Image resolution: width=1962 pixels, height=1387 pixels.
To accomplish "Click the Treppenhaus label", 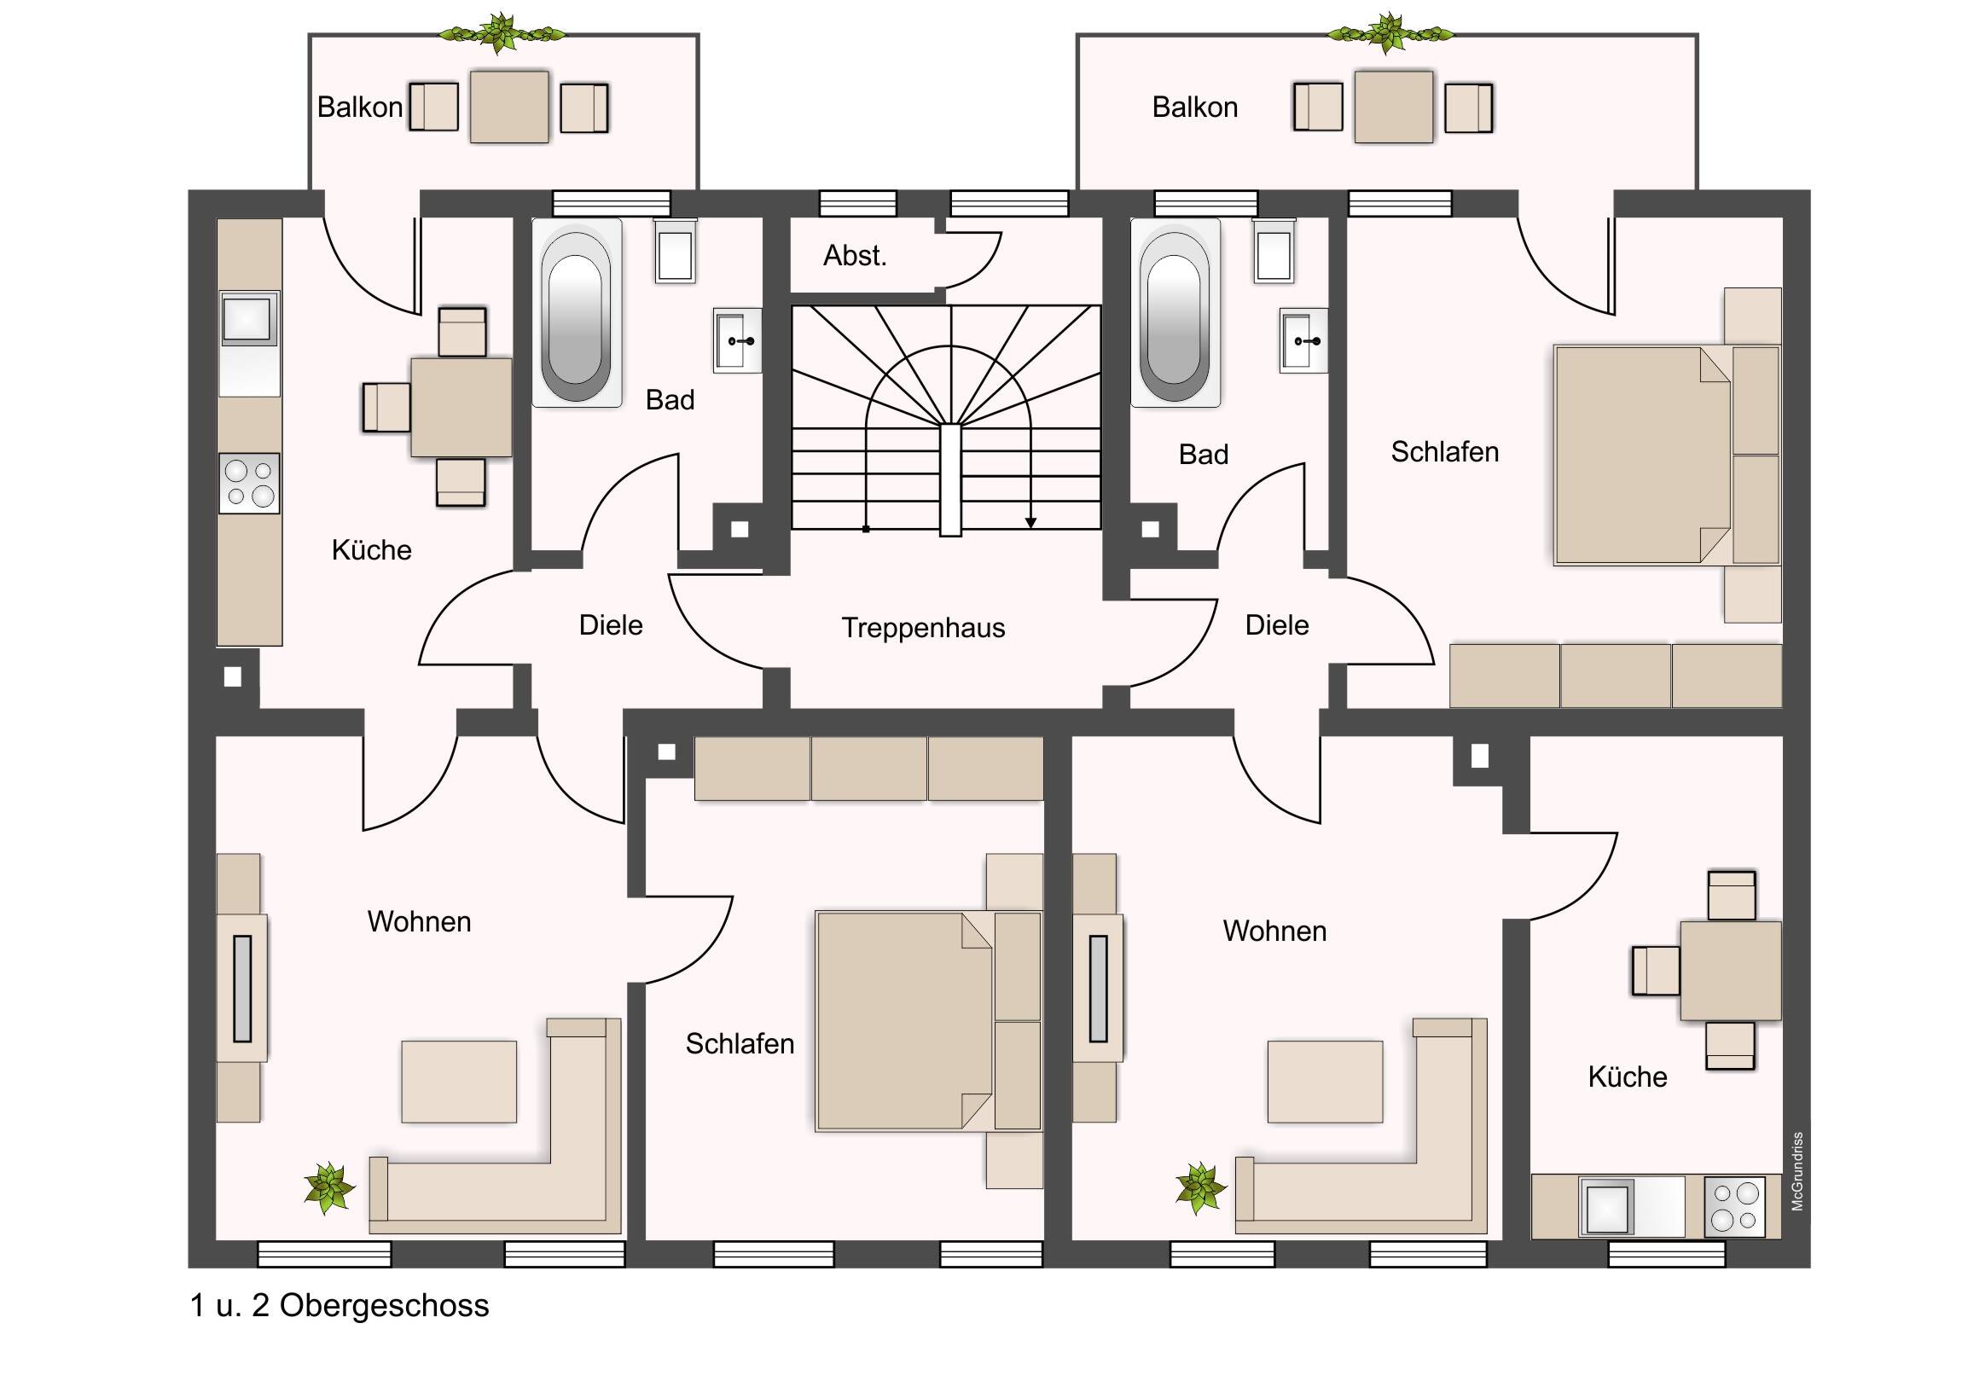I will [x=923, y=628].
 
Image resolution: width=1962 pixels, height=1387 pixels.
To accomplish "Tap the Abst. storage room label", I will [x=855, y=256].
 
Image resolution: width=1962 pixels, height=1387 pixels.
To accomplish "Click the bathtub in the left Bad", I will [x=576, y=314].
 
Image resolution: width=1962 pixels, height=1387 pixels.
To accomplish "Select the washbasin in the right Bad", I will [x=1303, y=341].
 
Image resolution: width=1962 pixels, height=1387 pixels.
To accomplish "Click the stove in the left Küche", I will [x=249, y=483].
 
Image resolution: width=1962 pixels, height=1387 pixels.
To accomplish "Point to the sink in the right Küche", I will [x=1606, y=1208].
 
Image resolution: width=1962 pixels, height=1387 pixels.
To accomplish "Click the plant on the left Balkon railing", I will [x=502, y=33].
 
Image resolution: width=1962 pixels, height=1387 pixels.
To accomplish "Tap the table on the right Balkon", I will [x=1393, y=107].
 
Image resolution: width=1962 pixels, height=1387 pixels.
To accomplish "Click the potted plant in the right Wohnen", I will [x=1199, y=1188].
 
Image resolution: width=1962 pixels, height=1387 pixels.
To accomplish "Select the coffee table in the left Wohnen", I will [x=459, y=1081].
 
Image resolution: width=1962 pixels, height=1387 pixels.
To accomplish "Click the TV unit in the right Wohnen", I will [x=1098, y=988].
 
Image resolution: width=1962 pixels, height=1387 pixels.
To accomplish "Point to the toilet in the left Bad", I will [x=675, y=251].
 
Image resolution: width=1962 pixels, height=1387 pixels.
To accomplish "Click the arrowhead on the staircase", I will [x=1030, y=523].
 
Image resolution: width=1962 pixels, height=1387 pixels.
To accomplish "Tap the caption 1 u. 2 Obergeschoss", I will [x=340, y=1306].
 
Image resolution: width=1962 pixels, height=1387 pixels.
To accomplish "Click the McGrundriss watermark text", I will [x=1798, y=1171].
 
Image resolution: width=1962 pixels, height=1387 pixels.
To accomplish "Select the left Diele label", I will [x=610, y=625].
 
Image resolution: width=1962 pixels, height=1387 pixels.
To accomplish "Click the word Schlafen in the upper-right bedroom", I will [x=1444, y=452].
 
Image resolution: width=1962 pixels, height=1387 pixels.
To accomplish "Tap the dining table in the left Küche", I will [x=461, y=407].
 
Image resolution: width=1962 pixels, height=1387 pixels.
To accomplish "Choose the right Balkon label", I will [x=1194, y=107].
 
